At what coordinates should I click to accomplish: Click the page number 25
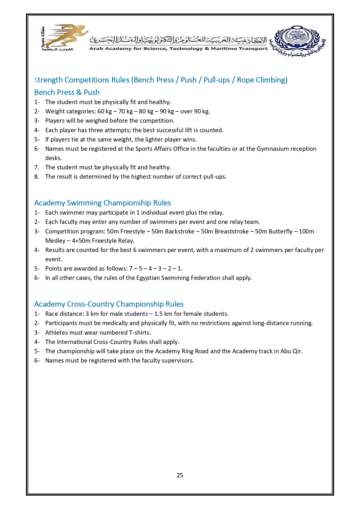[x=180, y=475]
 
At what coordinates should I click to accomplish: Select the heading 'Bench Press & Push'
[x=67, y=92]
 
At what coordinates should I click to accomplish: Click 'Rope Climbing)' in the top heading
[x=262, y=80]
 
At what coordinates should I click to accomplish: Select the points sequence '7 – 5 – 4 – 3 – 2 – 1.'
[x=156, y=269]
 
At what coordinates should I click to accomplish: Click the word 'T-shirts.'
[x=140, y=333]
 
